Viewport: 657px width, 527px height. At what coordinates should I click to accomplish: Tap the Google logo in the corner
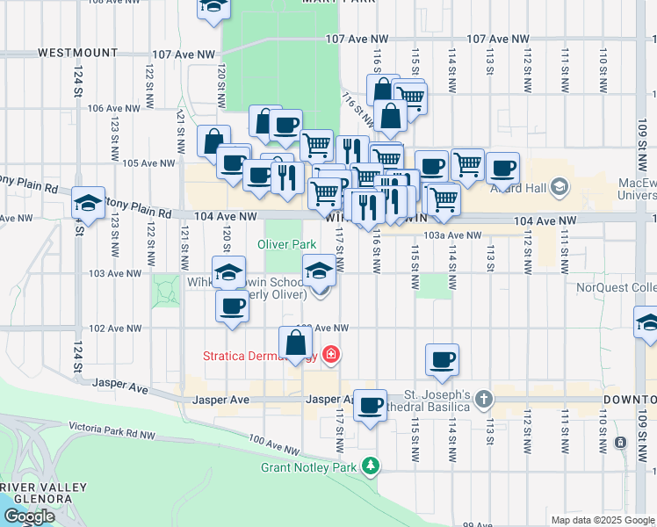click(x=29, y=516)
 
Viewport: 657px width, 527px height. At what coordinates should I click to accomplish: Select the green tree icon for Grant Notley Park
click(x=372, y=465)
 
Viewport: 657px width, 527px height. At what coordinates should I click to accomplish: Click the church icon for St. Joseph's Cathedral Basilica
click(x=483, y=400)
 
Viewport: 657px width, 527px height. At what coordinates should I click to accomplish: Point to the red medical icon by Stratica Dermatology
click(x=331, y=355)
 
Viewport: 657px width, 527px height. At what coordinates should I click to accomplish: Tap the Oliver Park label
click(x=286, y=243)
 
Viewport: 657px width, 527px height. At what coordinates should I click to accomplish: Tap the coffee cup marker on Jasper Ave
click(x=370, y=405)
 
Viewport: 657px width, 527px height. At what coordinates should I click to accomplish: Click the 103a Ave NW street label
click(x=452, y=235)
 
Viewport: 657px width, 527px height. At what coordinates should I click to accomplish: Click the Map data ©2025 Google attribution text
click(x=602, y=520)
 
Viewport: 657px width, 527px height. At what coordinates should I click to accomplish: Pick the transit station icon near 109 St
click(x=621, y=442)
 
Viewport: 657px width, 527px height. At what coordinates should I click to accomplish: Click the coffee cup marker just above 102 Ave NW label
click(x=232, y=307)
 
